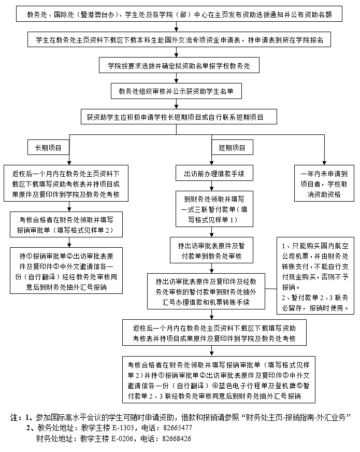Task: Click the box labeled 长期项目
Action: point(48,148)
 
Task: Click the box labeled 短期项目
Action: point(232,148)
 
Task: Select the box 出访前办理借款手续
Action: point(211,173)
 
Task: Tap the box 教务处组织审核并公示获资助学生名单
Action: point(176,91)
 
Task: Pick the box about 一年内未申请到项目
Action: point(325,183)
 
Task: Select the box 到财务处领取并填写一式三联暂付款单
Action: point(211,208)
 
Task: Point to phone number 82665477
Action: point(177,428)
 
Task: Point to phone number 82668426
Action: point(177,439)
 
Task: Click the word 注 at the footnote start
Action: point(14,417)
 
